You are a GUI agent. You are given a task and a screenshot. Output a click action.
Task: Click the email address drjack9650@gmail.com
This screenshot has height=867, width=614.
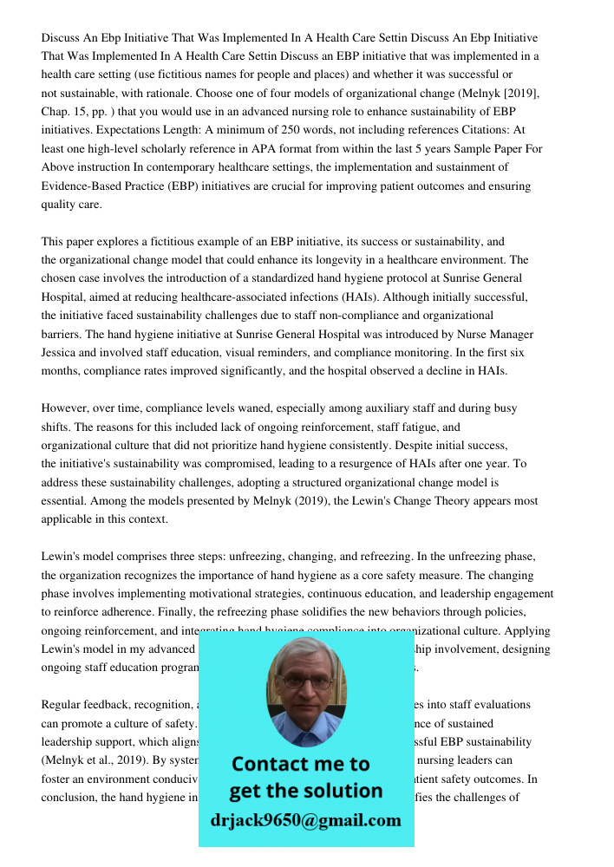coord(305,820)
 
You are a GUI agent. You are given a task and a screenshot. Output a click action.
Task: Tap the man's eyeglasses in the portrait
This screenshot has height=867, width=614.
coord(305,681)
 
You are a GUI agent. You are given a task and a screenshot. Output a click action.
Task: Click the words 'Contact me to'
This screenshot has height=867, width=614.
coord(300,764)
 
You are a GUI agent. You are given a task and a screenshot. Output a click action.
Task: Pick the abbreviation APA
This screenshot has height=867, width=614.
coord(280,149)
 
